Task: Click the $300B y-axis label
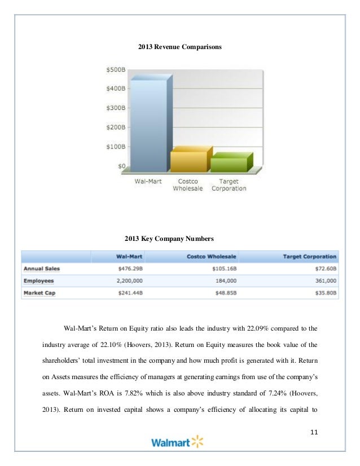pyautogui.click(x=116, y=108)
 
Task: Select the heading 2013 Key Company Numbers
pyautogui.click(x=179, y=238)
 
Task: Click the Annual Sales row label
pyautogui.click(x=42, y=269)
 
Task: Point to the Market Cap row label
pyautogui.click(x=40, y=293)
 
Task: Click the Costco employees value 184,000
pyautogui.click(x=224, y=281)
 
